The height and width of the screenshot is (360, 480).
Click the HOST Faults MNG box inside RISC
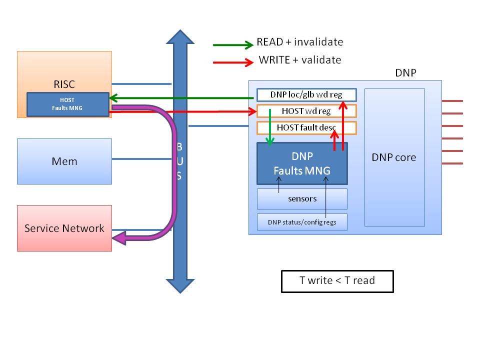(67, 104)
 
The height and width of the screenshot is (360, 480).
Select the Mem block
(64, 161)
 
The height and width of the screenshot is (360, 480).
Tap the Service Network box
(64, 228)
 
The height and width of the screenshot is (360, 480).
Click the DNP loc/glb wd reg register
(306, 94)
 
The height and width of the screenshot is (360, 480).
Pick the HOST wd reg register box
(306, 110)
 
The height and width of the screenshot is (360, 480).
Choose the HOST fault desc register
(306, 127)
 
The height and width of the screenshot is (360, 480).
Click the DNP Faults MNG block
(301, 163)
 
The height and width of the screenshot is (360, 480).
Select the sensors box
(302, 198)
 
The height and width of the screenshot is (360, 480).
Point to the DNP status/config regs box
(302, 222)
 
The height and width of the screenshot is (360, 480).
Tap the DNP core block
(394, 157)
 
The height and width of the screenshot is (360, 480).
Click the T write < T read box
(337, 281)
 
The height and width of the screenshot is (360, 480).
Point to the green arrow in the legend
(233, 45)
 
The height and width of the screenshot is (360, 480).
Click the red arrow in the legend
(233, 62)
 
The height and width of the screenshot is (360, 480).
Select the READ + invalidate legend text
(299, 42)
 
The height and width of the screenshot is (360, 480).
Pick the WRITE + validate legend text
(300, 60)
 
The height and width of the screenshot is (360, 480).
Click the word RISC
(64, 83)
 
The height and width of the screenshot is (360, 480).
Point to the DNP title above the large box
(405, 73)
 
